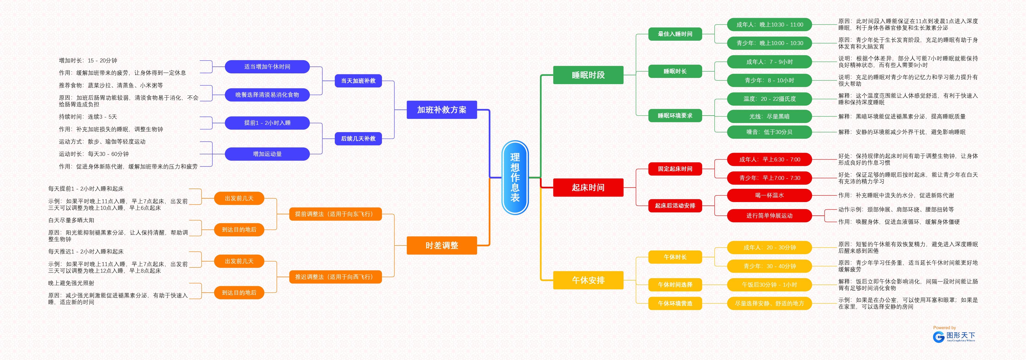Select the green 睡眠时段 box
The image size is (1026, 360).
point(588,75)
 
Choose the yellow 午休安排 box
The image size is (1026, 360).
point(588,280)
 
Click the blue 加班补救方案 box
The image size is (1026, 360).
point(442,109)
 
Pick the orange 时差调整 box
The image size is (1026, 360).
point(442,245)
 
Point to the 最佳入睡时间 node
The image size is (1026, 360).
point(675,34)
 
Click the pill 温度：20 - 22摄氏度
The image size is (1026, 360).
point(769,99)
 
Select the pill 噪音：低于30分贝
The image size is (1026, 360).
point(769,132)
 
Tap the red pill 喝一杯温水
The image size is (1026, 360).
point(769,195)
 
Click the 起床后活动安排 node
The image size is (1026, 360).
point(675,205)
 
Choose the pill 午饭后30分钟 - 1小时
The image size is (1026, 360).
point(769,285)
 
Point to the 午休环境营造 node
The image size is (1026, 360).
point(675,304)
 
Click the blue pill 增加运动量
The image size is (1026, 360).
point(267,154)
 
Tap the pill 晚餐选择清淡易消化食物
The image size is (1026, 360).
point(267,95)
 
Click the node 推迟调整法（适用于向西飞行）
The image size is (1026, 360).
point(335,277)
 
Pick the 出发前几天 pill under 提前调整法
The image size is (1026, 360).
point(239,198)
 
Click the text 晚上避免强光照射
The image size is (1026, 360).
point(71,283)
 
